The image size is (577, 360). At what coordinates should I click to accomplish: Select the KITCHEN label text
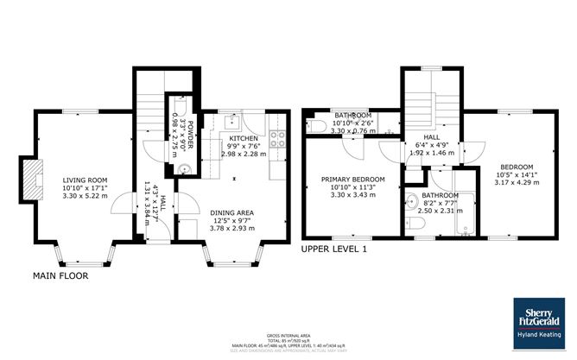coord(244,139)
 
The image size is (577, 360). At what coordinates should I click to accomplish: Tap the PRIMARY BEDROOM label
coord(352,180)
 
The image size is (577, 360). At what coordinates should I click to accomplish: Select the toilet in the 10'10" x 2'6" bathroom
coord(313,126)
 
